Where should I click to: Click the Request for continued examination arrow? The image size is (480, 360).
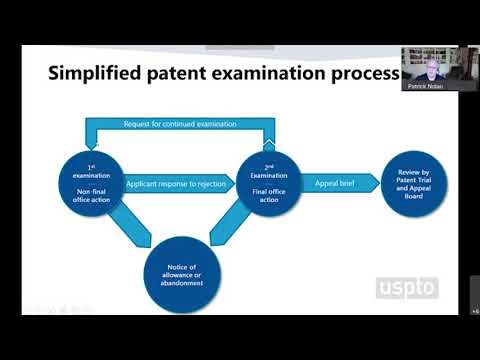pyautogui.click(x=179, y=124)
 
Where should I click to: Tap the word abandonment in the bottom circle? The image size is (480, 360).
pyautogui.click(x=178, y=283)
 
